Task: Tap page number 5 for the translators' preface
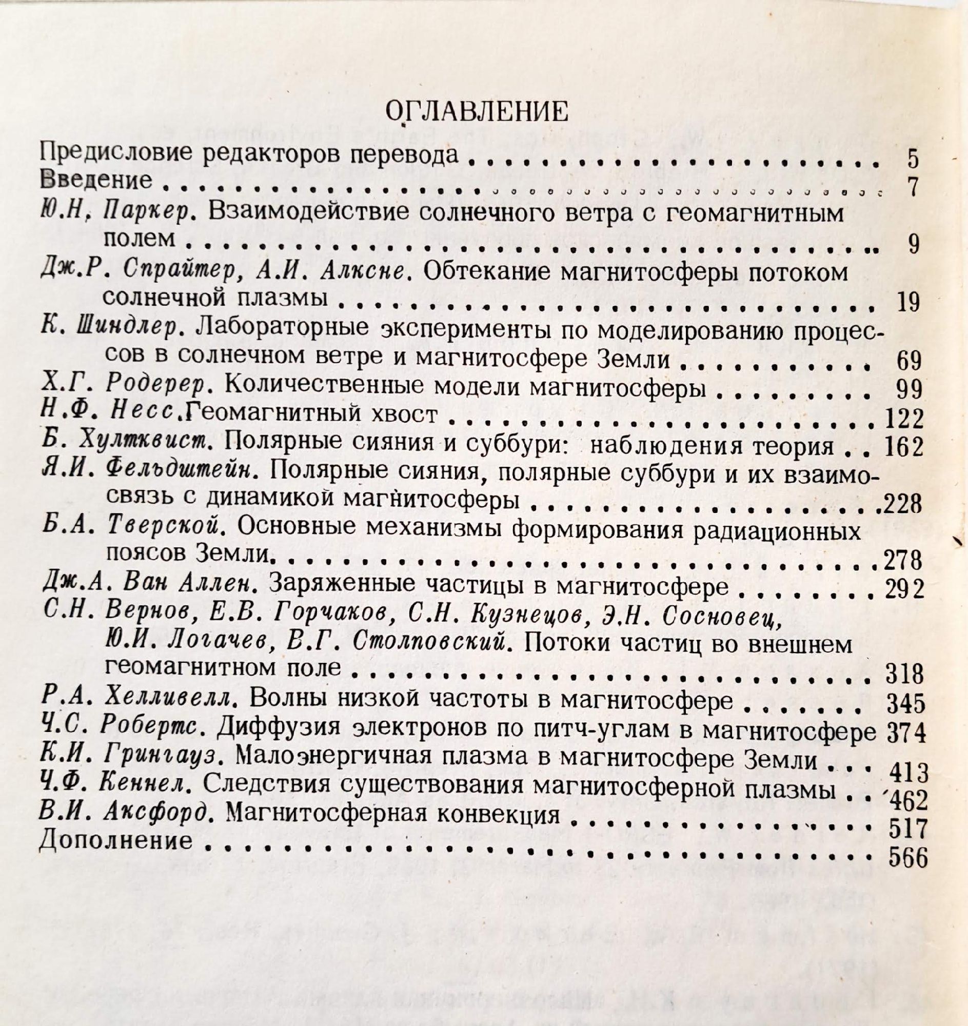(913, 159)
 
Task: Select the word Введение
(96, 180)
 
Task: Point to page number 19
(907, 303)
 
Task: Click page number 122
(902, 419)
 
